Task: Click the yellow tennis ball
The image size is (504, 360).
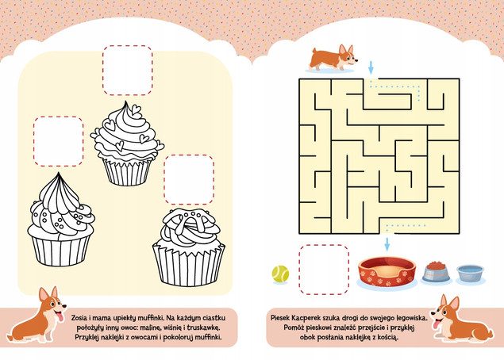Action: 280,274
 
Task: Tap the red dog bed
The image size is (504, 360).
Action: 387,272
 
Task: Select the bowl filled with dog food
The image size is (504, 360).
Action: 436,272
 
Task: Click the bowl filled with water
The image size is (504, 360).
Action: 470,274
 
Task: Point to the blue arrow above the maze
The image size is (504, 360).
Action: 371,67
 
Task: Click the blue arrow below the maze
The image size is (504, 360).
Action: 387,244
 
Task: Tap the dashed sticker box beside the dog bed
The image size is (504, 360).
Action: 324,270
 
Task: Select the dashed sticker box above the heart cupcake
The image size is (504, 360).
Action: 128,71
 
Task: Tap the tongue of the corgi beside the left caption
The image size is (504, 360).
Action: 60,317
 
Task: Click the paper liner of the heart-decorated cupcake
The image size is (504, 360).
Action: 127,172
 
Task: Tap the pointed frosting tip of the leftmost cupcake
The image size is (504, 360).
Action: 59,174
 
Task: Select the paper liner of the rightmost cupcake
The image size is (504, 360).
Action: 189,265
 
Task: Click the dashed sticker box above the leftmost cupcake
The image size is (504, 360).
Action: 59,141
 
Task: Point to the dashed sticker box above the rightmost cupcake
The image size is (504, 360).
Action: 189,179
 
